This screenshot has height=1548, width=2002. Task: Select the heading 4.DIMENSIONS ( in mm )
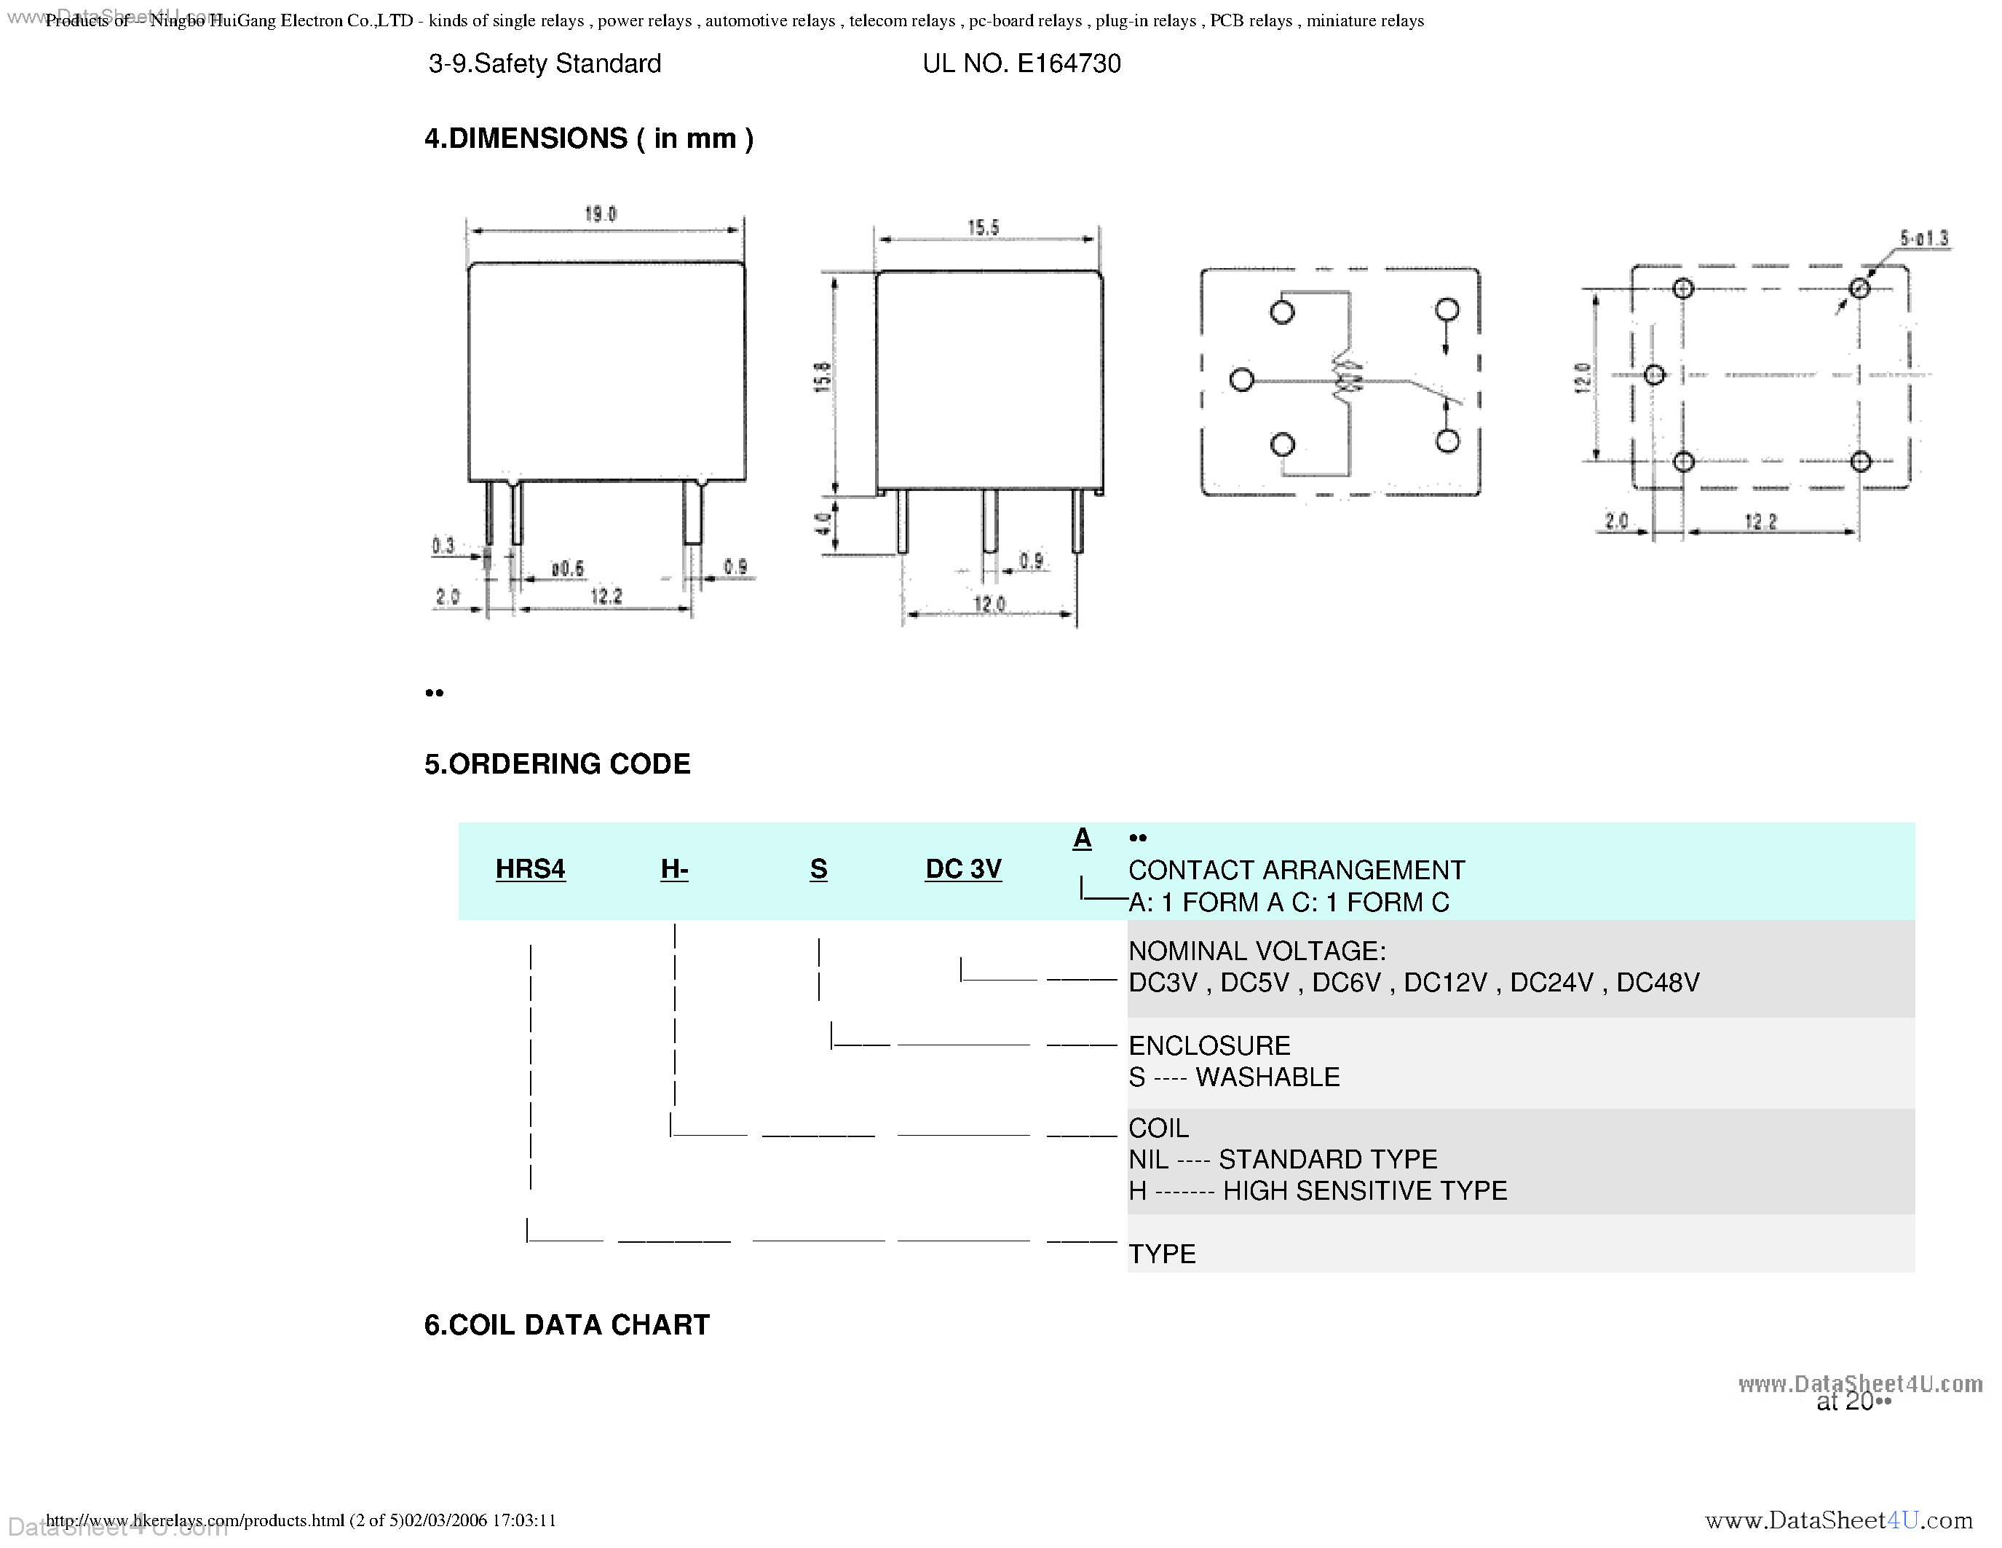pyautogui.click(x=588, y=138)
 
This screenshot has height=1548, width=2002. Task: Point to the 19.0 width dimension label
pyautogui.click(x=601, y=213)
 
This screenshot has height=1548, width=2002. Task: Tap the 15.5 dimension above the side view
pyautogui.click(x=983, y=227)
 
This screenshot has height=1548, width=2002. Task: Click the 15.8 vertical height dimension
pyautogui.click(x=822, y=377)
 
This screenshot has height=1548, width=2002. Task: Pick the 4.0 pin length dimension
pyautogui.click(x=822, y=524)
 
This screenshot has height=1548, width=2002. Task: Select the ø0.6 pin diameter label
pyautogui.click(x=567, y=569)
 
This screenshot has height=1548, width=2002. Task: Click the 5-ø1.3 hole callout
pyautogui.click(x=1923, y=238)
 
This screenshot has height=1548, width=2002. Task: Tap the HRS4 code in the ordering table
pyautogui.click(x=530, y=868)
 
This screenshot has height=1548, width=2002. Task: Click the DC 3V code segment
pyautogui.click(x=962, y=868)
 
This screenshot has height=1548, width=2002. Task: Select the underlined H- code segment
pyautogui.click(x=673, y=868)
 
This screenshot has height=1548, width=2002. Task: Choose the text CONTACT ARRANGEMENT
pyautogui.click(x=1296, y=869)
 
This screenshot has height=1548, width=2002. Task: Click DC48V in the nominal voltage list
pyautogui.click(x=1658, y=982)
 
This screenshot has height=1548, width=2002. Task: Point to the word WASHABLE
pyautogui.click(x=1267, y=1077)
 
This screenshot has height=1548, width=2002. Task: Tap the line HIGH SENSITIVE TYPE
pyautogui.click(x=1365, y=1190)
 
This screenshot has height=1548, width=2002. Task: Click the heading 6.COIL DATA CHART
pyautogui.click(x=566, y=1324)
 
